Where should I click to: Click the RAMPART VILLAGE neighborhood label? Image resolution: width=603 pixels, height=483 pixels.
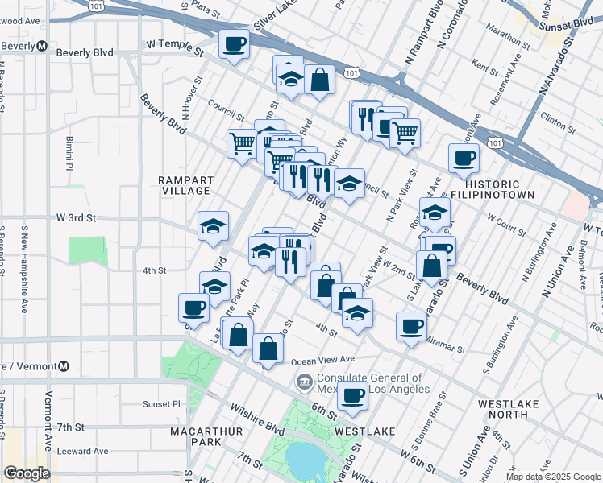point(185,185)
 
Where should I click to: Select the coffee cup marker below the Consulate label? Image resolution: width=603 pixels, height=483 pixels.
point(352,396)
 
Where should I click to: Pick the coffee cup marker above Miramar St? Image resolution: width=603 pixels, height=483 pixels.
point(411,327)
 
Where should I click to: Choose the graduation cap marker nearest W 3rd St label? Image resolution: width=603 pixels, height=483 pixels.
point(213,227)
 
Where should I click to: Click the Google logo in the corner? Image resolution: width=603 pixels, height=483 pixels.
point(27,473)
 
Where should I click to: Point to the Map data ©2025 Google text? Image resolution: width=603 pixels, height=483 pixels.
point(552,477)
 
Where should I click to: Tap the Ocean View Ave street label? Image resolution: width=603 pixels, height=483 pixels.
point(318,359)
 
